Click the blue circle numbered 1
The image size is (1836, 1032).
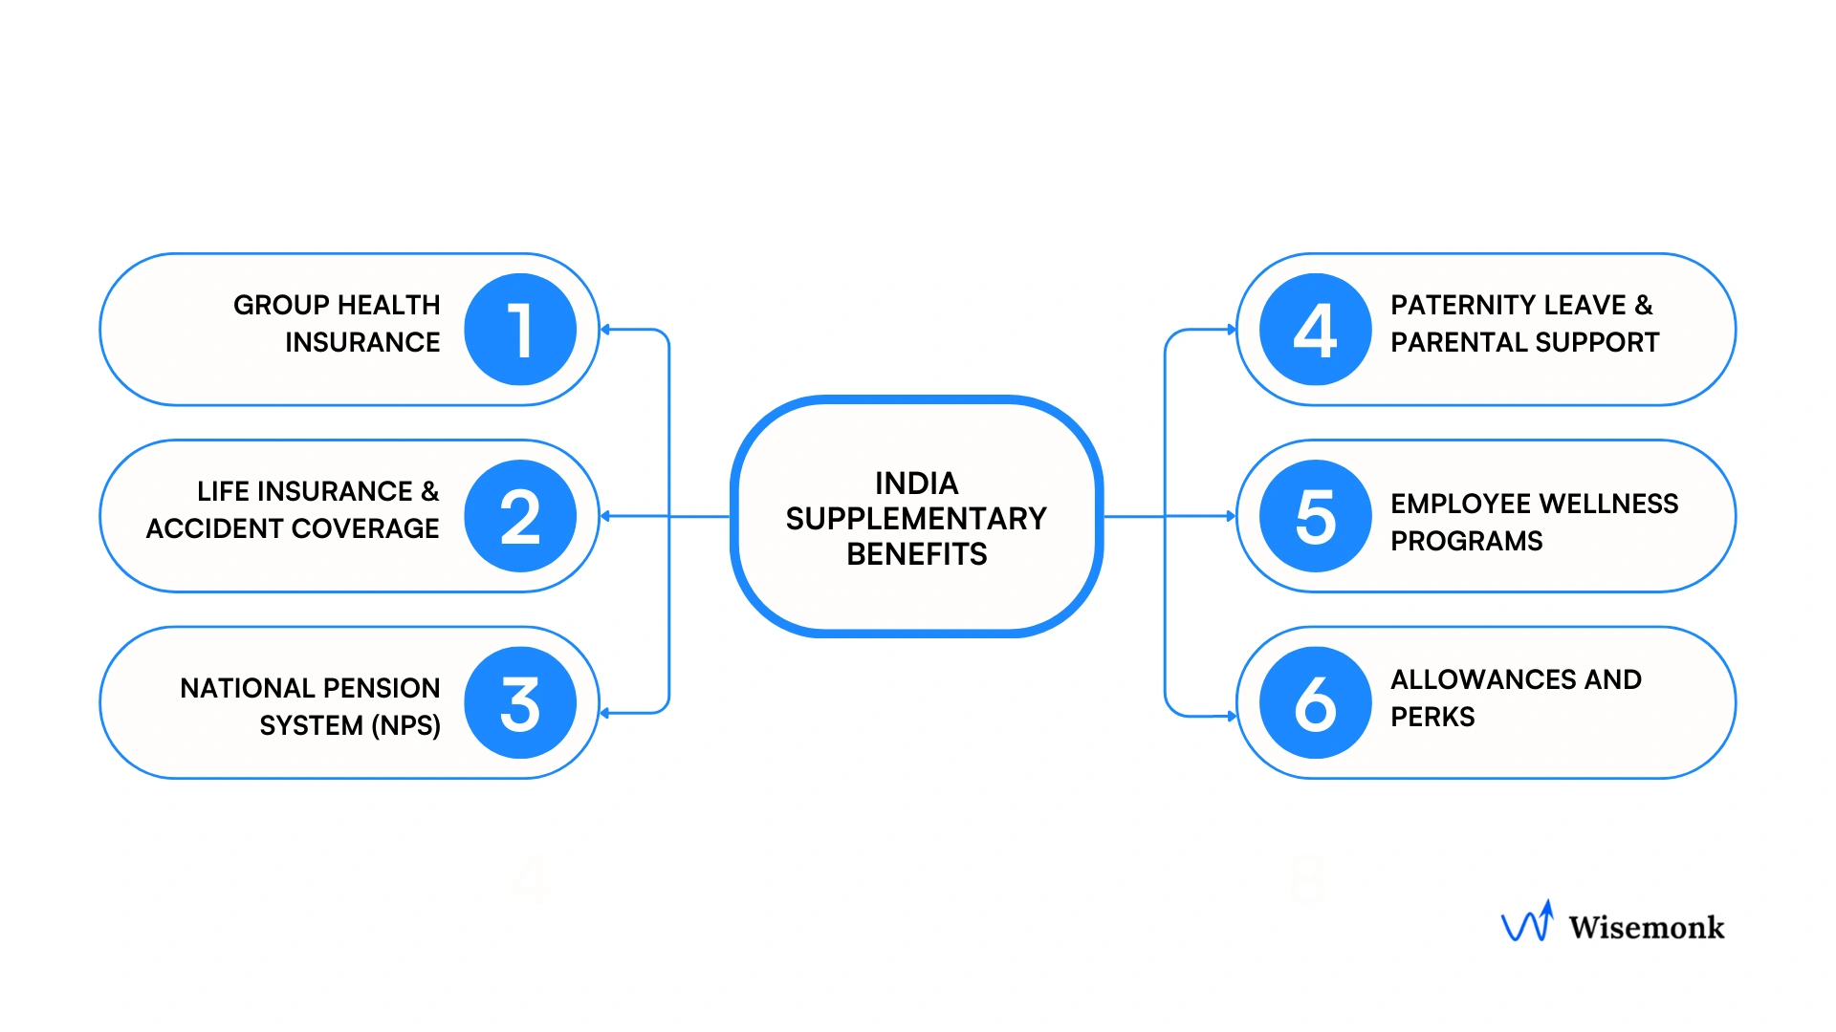(520, 330)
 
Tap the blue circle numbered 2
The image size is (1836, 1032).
(520, 516)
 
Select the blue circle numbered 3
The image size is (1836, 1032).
(520, 703)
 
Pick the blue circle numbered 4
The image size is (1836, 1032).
(1316, 330)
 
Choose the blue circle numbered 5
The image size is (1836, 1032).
(1316, 516)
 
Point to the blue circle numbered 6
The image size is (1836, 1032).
(1316, 703)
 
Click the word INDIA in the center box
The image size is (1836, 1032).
(916, 484)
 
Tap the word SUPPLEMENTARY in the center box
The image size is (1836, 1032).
(916, 519)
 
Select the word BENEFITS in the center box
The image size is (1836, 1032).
(916, 554)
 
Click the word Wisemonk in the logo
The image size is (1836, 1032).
(1647, 927)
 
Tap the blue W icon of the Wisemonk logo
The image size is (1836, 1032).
(1527, 922)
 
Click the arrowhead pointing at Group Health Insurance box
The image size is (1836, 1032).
(605, 330)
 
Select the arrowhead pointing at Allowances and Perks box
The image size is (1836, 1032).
(1232, 716)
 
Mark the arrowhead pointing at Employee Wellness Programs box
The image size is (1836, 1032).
(1232, 516)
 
